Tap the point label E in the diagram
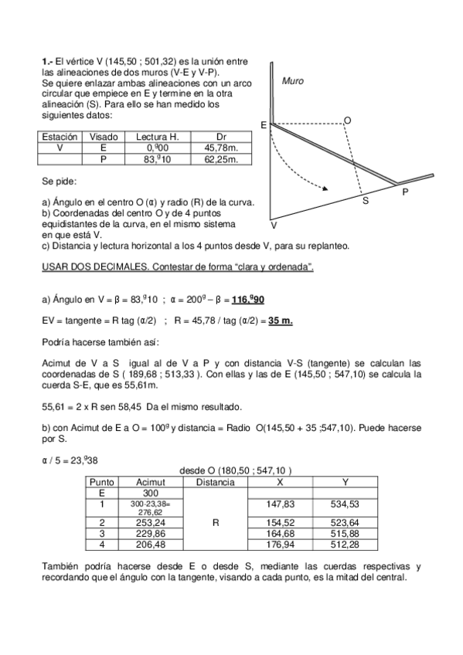pos(264,125)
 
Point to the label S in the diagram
pos(366,201)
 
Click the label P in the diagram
pos(405,191)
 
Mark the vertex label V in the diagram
pos(274,226)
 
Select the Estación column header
pos(59,137)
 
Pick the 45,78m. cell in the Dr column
pos(220,148)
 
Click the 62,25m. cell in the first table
pos(220,159)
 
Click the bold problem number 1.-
pos(46,61)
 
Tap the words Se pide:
pos(59,182)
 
